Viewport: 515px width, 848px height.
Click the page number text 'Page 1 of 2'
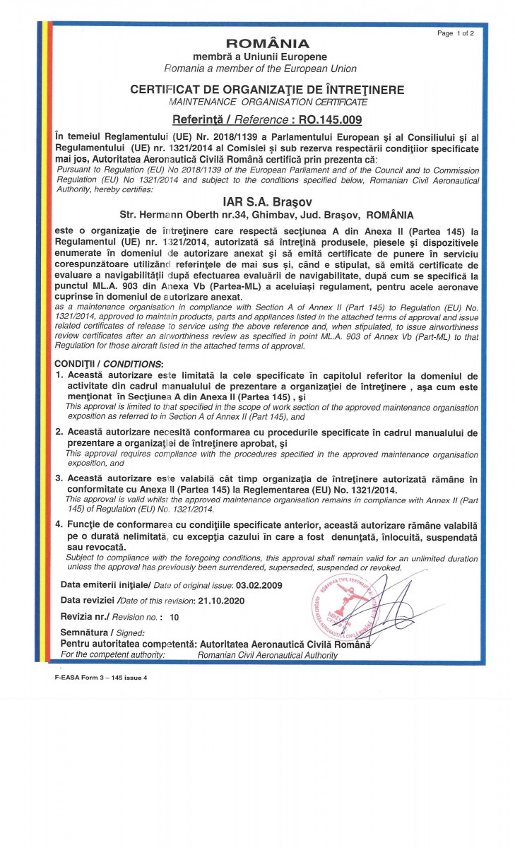pos(456,33)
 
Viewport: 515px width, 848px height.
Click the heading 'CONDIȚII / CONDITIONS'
pos(106,363)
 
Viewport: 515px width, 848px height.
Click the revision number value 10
pos(174,617)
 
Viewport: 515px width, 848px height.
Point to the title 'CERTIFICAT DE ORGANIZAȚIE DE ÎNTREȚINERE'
pos(267,90)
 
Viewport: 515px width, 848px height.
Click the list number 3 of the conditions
pos(59,478)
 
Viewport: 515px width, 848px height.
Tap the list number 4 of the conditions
pos(59,526)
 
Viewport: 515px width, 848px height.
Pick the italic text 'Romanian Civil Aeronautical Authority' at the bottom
pos(268,656)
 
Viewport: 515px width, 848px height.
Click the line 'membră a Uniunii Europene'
pos(260,56)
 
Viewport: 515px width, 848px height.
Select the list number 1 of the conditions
pos(59,376)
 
